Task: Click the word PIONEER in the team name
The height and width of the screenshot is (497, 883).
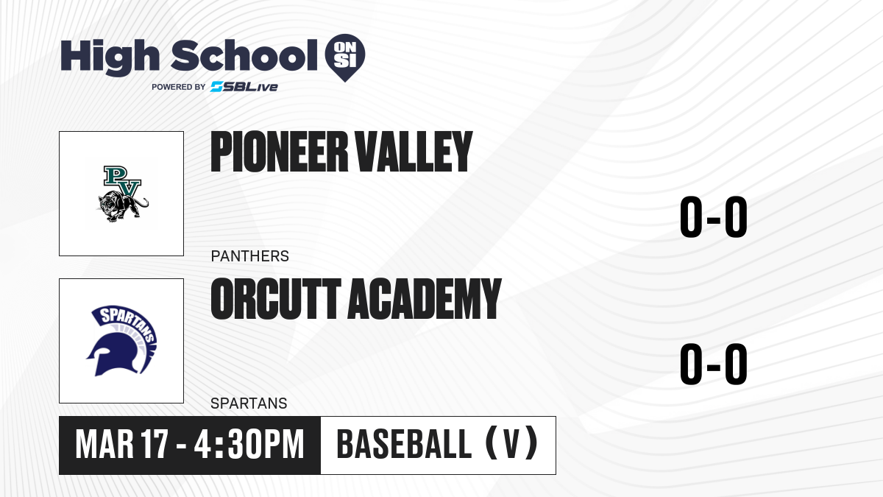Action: tap(279, 152)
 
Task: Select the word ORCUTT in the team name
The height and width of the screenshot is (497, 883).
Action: tap(276, 299)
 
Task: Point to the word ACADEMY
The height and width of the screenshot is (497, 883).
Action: tap(425, 299)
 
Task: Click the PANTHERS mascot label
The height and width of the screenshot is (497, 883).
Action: tap(250, 256)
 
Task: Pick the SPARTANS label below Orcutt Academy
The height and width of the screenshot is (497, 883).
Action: tap(249, 403)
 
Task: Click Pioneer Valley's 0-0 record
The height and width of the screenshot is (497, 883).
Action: tap(714, 217)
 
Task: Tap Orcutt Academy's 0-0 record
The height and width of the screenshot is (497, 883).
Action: tap(714, 364)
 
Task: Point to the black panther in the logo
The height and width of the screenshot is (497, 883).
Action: tap(123, 207)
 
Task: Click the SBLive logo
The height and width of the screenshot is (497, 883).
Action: tap(244, 87)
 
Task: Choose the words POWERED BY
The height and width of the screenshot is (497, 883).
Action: tap(179, 87)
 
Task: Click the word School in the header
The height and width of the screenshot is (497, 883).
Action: tap(244, 55)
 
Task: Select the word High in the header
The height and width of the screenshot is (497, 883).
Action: tap(110, 57)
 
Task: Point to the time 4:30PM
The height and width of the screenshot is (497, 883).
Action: tap(249, 445)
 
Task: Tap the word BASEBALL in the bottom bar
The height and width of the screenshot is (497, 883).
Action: tap(404, 445)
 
